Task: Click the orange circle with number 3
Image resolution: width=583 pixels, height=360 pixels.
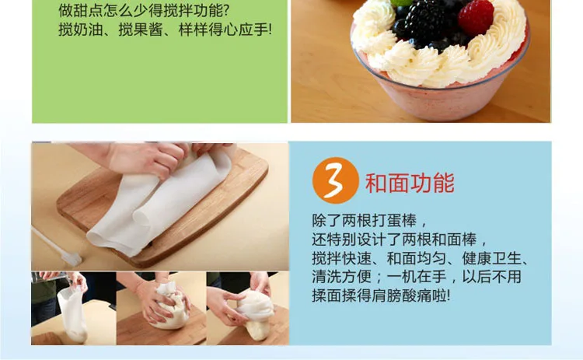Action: (x=335, y=180)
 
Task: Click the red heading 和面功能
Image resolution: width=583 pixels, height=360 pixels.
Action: (x=410, y=183)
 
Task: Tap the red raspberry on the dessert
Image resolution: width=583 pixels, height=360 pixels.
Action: (x=476, y=17)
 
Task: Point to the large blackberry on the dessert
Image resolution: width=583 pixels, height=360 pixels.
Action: (x=426, y=21)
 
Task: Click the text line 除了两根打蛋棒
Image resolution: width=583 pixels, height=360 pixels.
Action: (x=370, y=220)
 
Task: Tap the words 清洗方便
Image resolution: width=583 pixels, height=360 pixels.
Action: (x=342, y=276)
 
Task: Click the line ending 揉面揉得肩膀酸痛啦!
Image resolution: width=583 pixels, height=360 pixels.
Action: (x=381, y=295)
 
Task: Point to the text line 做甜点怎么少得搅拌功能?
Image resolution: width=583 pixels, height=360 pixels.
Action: (x=144, y=10)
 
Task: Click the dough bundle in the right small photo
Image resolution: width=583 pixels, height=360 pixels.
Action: (x=256, y=313)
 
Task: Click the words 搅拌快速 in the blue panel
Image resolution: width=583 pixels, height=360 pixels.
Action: (x=342, y=257)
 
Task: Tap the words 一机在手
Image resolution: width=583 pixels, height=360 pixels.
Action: (x=417, y=276)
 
